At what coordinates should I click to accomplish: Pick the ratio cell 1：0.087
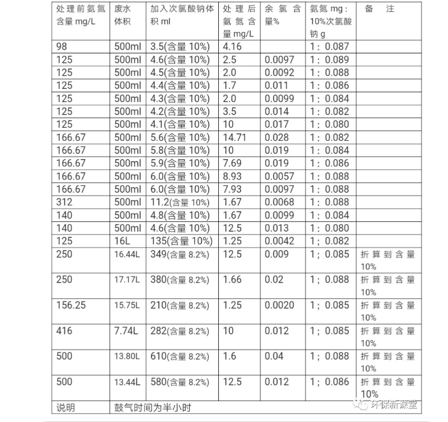pyautogui.click(x=329, y=47)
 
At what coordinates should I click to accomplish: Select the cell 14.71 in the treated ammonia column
pyautogui.click(x=235, y=137)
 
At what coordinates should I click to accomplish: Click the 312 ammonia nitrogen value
pyautogui.click(x=65, y=202)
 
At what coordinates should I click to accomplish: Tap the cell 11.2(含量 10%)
pyautogui.click(x=180, y=202)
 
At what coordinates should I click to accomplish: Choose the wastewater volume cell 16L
pyautogui.click(x=123, y=241)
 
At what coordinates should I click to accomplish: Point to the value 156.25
pyautogui.click(x=71, y=305)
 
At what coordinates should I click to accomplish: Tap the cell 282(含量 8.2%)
pyautogui.click(x=180, y=331)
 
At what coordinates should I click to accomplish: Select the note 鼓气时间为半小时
pyautogui.click(x=153, y=407)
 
